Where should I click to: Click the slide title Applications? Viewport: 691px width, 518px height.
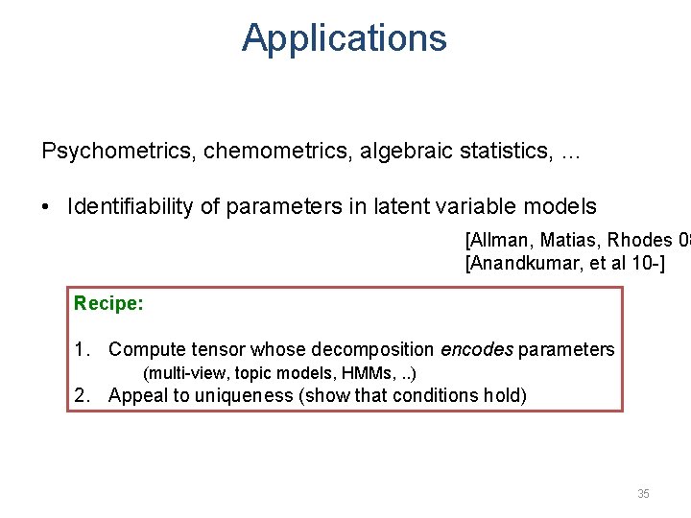(x=344, y=38)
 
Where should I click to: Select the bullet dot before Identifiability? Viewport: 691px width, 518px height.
(x=48, y=207)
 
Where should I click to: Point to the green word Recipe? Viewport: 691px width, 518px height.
(x=108, y=303)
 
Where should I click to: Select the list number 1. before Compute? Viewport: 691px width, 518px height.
(x=83, y=350)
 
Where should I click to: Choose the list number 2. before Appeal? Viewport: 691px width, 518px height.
(x=83, y=395)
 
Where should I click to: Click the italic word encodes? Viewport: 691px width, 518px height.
(x=476, y=350)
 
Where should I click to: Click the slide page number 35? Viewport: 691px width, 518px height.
(x=643, y=493)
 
